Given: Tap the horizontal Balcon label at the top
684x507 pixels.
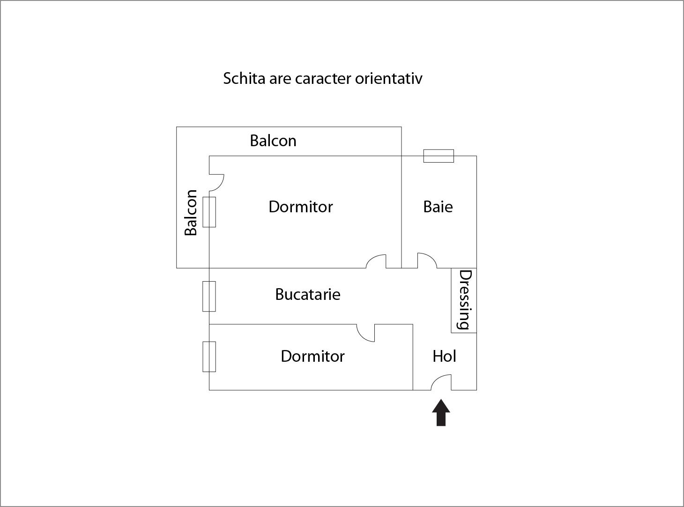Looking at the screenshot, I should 273,141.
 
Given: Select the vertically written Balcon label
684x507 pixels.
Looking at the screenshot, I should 191,212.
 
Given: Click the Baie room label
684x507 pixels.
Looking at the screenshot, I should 438,207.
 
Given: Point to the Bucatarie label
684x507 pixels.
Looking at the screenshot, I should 308,294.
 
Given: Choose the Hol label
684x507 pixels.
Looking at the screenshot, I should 444,356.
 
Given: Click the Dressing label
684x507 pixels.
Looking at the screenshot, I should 465,300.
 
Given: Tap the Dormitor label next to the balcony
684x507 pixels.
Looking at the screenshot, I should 301,207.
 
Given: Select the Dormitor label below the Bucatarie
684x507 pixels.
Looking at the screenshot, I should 312,356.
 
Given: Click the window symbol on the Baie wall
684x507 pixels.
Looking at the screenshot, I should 439,156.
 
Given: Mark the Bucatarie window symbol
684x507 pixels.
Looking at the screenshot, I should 209,296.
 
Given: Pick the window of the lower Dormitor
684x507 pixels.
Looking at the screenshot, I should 209,357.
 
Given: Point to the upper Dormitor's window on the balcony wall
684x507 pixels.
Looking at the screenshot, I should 209,212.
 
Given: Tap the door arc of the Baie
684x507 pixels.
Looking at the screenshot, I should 427,260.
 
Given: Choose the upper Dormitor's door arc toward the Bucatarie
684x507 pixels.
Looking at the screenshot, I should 376,261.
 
